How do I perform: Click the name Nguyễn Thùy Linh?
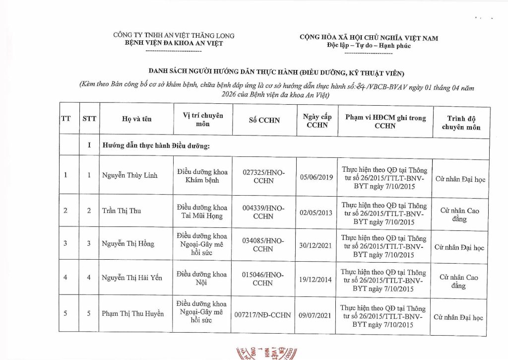(x=129, y=175)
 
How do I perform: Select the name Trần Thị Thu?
(x=122, y=211)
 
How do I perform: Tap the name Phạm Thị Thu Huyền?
(x=132, y=313)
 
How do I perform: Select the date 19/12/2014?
(x=317, y=279)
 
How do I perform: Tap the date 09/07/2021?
(x=317, y=314)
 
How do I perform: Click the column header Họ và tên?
(x=136, y=119)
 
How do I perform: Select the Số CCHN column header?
(x=264, y=120)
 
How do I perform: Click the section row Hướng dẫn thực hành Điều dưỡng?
(x=156, y=146)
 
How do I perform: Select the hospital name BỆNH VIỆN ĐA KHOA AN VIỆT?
(x=174, y=43)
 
